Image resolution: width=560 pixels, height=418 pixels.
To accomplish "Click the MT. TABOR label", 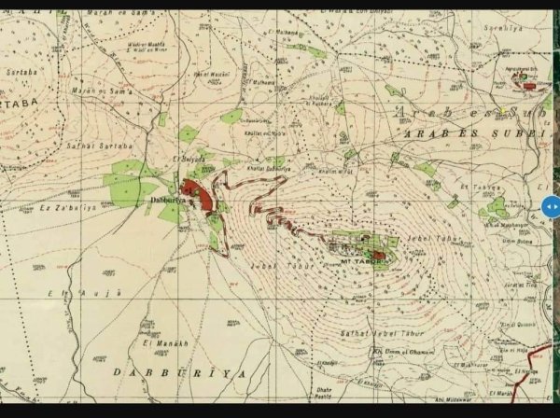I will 357,261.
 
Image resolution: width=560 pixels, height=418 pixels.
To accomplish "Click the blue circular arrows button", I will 551,206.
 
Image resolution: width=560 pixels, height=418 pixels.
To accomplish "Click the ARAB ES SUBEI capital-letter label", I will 467,133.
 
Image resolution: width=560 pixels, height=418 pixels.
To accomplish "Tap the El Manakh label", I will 160,343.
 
